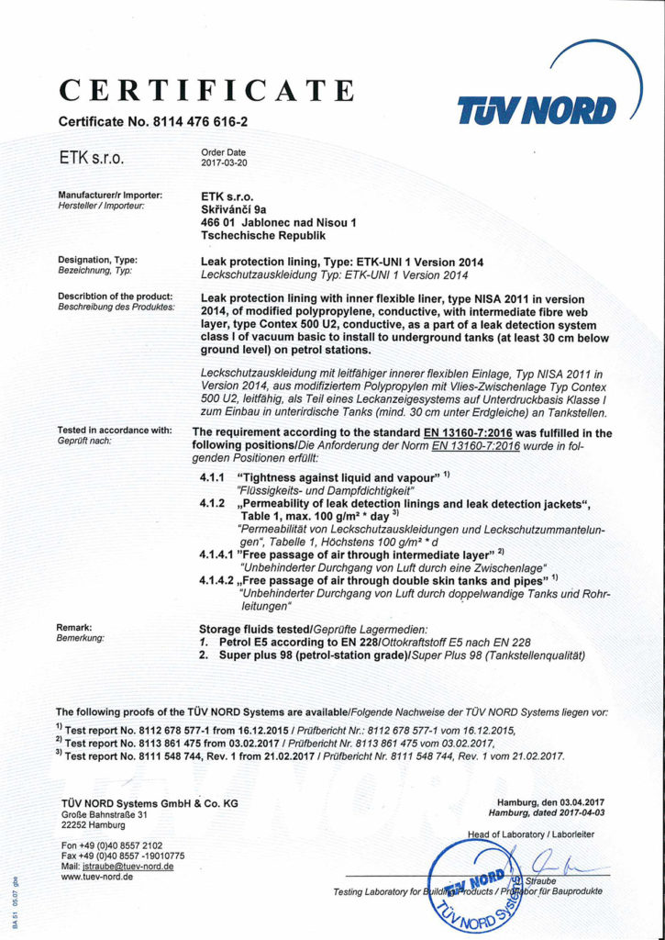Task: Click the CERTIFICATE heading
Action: click(x=206, y=91)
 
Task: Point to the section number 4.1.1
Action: click(x=213, y=479)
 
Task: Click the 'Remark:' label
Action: click(x=78, y=626)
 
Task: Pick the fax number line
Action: click(x=123, y=856)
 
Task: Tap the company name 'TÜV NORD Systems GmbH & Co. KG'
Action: click(x=150, y=803)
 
